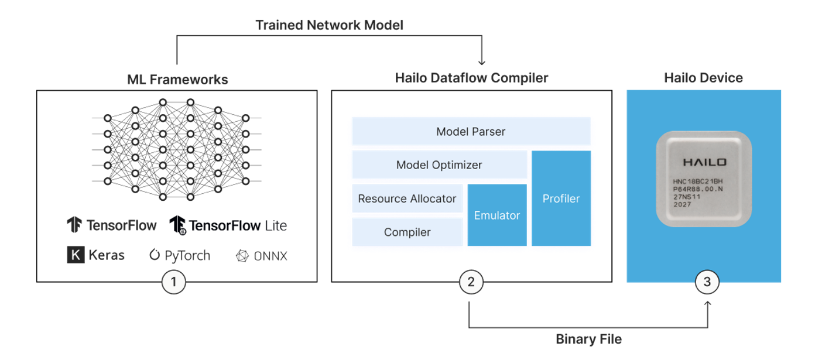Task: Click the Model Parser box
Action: (x=471, y=131)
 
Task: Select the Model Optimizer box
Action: (x=439, y=164)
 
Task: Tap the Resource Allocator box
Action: (x=407, y=198)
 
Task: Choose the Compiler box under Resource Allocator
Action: (x=407, y=232)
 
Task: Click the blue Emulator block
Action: (x=497, y=215)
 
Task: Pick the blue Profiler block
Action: (x=561, y=198)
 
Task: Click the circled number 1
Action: (x=174, y=282)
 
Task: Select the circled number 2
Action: (x=471, y=282)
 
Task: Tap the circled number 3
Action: (x=707, y=282)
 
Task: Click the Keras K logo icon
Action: (x=76, y=255)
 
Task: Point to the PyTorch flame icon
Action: (x=155, y=255)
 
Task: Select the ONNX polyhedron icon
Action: (x=242, y=256)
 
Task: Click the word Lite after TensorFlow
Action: (x=276, y=226)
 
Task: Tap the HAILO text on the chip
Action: (x=705, y=162)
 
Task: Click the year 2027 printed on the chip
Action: (x=682, y=204)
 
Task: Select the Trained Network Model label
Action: (x=329, y=25)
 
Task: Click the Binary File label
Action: (x=588, y=339)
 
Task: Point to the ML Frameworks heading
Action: (x=177, y=79)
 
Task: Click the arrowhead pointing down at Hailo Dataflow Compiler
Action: (x=482, y=63)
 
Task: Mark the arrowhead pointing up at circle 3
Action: (x=708, y=304)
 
